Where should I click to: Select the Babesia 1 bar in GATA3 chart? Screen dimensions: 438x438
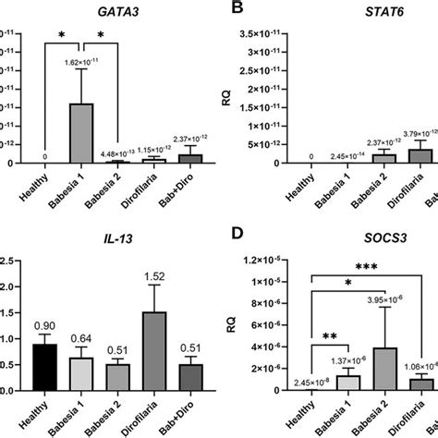[82, 133]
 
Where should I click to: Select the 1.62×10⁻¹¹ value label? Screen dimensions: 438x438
[83, 62]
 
